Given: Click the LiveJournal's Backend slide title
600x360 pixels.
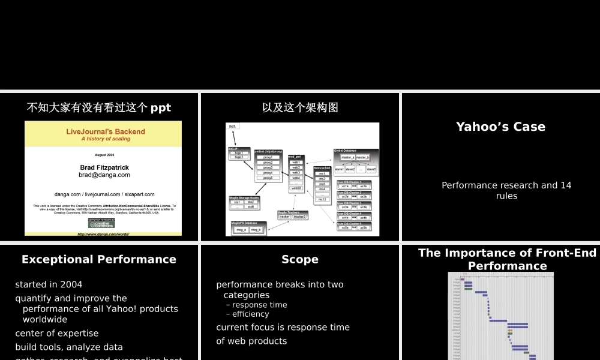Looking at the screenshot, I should (106, 131).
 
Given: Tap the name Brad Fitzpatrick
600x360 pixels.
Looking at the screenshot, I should (104, 167).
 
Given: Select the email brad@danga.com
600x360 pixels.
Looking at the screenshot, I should (104, 175).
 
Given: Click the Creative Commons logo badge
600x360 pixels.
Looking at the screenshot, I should (101, 223).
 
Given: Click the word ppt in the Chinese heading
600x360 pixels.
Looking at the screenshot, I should (160, 108).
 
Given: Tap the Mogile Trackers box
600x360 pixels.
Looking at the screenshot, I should (292, 215).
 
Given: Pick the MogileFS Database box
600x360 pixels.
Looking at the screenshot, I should (248, 227).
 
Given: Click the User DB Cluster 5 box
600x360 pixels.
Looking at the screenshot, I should (354, 226).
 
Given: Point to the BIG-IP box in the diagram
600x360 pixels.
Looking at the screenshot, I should (238, 154).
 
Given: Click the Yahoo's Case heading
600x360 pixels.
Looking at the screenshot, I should (500, 127).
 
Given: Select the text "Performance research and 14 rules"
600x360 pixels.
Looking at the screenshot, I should (506, 191).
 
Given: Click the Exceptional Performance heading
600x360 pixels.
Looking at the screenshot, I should (99, 260).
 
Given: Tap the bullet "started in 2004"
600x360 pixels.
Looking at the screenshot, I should (49, 284).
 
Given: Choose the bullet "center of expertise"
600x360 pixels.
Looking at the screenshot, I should (57, 333).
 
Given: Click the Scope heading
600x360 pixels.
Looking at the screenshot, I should (300, 260).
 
